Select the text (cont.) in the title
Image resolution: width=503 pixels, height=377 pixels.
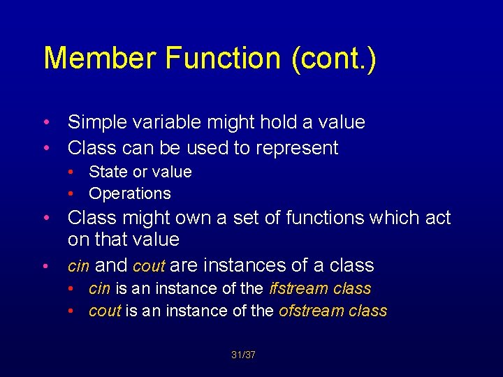330,59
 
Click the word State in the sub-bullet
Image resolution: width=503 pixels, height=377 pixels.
107,172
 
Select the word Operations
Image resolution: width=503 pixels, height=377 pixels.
130,193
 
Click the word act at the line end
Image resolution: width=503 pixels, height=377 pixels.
437,218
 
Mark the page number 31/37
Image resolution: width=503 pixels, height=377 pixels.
243,355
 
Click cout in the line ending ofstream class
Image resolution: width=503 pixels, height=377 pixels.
105,311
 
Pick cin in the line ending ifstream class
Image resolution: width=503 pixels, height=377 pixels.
99,288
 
